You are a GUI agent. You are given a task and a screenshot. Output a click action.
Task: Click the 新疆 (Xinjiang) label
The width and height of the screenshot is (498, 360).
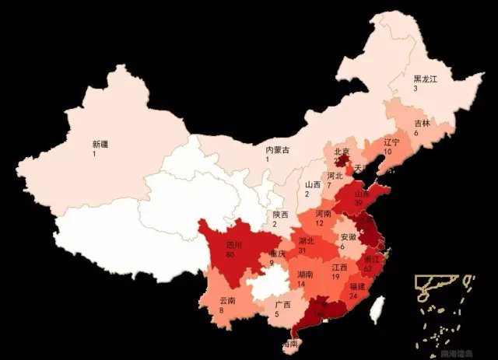click(x=100, y=144)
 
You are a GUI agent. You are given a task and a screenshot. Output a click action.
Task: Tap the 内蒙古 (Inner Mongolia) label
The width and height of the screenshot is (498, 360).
click(x=277, y=149)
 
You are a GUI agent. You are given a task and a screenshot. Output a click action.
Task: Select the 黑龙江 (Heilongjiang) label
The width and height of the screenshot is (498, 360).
click(x=426, y=79)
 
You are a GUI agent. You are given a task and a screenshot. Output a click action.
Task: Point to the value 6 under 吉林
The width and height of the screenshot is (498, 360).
click(x=416, y=133)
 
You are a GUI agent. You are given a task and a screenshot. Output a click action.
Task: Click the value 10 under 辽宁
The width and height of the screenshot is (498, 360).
click(x=389, y=152)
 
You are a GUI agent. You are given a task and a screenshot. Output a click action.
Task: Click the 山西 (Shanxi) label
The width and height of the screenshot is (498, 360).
click(x=312, y=184)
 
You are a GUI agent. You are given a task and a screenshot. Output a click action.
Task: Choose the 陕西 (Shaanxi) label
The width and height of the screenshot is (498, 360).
click(x=280, y=215)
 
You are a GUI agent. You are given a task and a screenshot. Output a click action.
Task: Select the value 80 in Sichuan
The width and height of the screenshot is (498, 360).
click(x=209, y=254)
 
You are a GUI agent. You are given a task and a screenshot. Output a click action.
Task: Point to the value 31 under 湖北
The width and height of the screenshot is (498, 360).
click(x=302, y=251)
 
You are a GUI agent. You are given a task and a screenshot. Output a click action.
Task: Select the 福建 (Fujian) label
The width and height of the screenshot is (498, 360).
click(x=359, y=285)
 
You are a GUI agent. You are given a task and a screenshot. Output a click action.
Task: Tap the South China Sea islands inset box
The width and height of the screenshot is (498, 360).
click(x=443, y=312)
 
